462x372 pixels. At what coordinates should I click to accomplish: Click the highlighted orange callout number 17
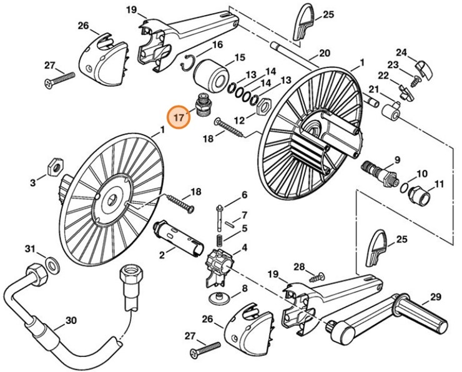click(x=179, y=117)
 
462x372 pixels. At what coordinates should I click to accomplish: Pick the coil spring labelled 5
click(x=219, y=239)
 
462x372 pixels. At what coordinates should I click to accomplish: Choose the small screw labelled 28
click(x=320, y=275)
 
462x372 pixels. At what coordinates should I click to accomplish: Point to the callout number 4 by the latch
click(x=244, y=247)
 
